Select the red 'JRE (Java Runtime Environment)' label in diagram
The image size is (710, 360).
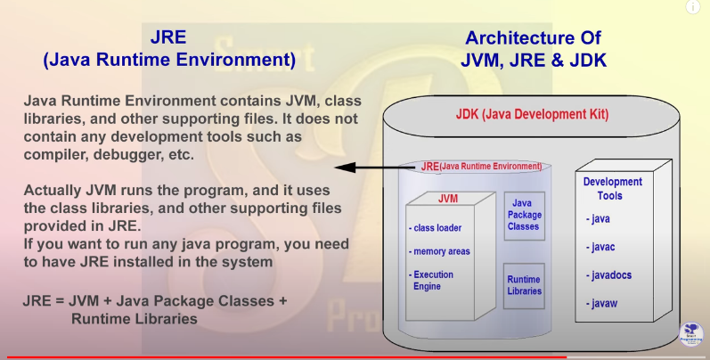481,166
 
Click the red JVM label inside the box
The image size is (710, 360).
448,198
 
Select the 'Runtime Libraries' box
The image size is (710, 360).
524,284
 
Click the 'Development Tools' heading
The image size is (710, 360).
612,188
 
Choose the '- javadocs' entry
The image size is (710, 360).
609,275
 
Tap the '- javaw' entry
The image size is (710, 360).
605,304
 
